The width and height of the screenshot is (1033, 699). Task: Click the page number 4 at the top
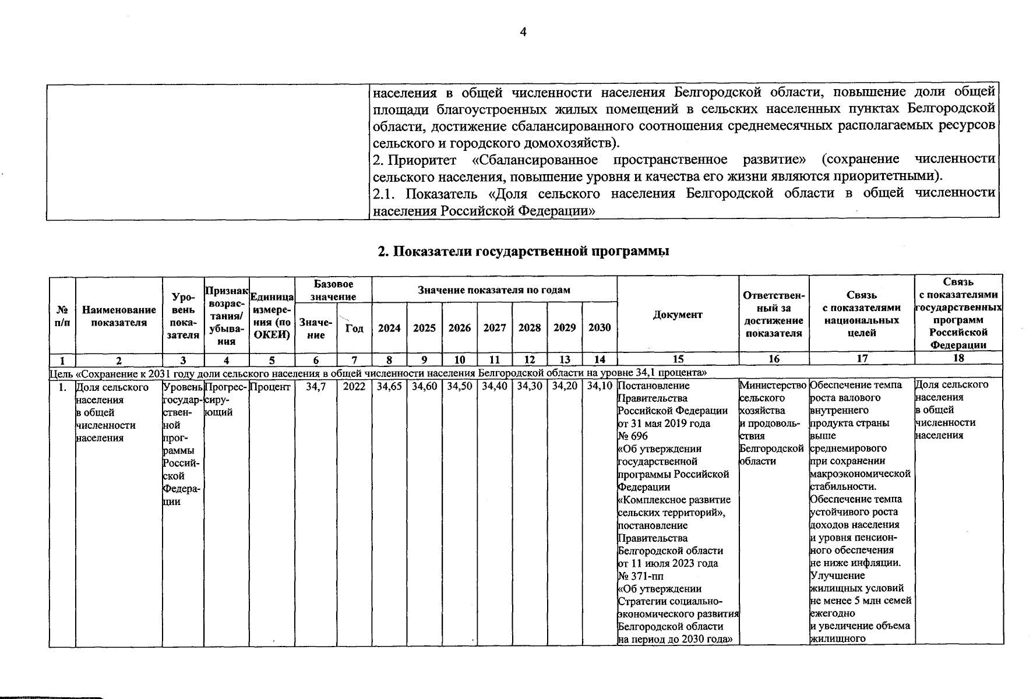(x=523, y=33)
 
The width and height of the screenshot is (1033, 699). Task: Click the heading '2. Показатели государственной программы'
(x=523, y=251)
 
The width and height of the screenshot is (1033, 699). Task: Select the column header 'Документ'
(x=678, y=315)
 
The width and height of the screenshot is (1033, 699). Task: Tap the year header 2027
(x=494, y=328)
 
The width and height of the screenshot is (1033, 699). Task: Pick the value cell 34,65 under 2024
(x=389, y=386)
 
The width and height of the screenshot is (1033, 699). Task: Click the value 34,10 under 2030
(x=600, y=386)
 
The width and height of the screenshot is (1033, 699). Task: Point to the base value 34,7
(x=316, y=386)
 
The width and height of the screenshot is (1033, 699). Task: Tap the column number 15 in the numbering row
(x=678, y=359)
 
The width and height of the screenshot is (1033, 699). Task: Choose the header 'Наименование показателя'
(x=119, y=316)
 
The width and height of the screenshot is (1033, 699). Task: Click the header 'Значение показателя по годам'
(x=494, y=290)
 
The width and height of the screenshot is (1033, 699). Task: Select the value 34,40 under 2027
(x=494, y=386)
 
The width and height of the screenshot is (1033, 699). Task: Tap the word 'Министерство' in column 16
(x=773, y=386)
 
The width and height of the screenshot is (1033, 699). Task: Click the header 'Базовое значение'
(x=333, y=290)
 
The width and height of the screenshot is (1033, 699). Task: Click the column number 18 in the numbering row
(x=958, y=359)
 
